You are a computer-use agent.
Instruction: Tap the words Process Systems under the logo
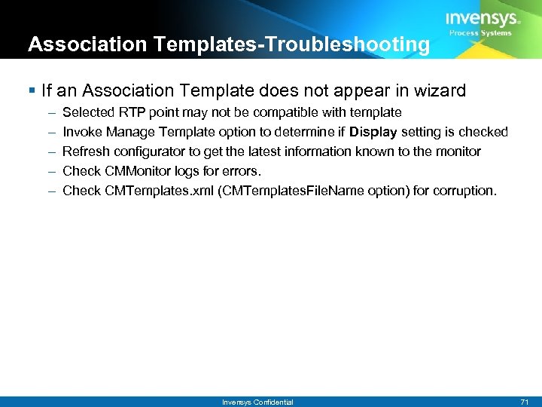480,33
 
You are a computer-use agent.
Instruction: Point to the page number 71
525,402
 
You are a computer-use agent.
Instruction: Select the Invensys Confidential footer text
257,402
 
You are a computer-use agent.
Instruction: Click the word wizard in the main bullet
443,91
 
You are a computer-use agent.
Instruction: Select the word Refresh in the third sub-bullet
85,151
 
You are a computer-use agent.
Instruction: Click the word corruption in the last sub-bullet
464,191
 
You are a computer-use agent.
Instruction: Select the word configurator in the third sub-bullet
147,151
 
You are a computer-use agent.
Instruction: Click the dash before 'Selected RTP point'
50,112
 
